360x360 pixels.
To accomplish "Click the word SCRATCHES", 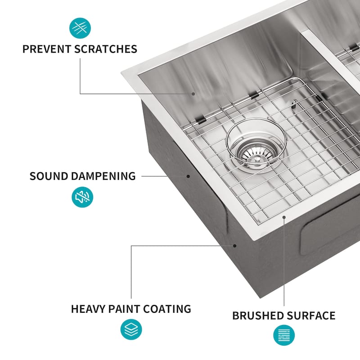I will point(104,49).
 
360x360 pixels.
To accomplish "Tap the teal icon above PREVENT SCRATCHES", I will point(80,28).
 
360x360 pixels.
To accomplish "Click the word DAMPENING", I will point(103,176).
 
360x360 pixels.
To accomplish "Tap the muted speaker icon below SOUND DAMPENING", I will point(82,197).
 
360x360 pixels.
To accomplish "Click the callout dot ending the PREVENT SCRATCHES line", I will point(194,94).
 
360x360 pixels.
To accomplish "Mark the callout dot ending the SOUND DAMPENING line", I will point(189,176).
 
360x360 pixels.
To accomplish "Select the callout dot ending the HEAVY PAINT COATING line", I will point(235,245).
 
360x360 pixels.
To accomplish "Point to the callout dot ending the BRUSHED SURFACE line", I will point(284,217).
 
